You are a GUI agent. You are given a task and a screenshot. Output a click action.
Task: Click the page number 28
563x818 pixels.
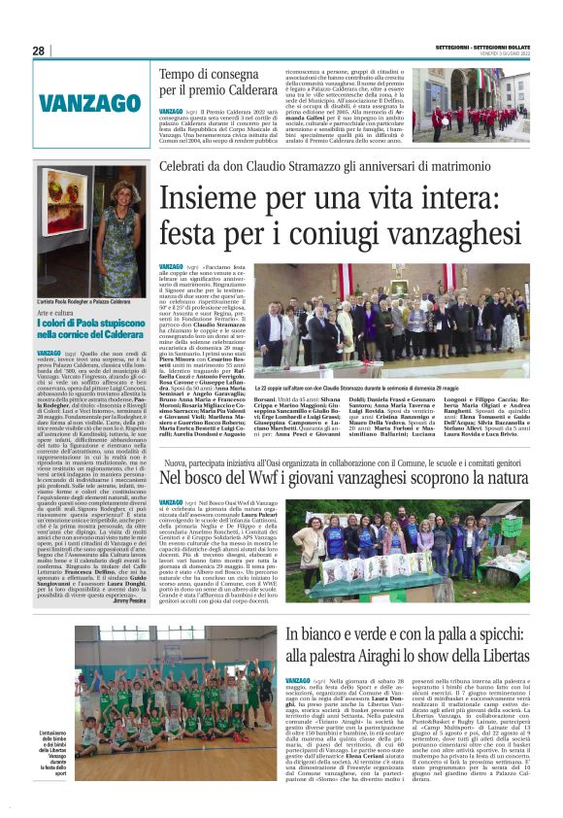(38, 51)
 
